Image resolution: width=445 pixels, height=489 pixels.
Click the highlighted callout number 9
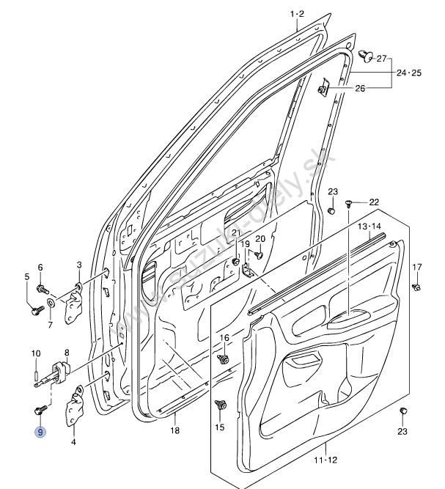40,433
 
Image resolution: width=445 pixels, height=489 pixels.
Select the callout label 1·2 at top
296,14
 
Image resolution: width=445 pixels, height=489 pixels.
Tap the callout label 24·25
410,73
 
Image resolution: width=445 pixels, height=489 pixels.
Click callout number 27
381,59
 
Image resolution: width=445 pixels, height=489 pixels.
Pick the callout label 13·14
370,227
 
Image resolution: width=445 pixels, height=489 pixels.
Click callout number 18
174,430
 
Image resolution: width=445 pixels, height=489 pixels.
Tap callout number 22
374,202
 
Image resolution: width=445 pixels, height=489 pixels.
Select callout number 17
416,266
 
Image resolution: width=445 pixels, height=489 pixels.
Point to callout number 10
35,354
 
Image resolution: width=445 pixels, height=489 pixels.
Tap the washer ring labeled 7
51,301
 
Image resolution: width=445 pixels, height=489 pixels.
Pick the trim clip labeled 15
219,405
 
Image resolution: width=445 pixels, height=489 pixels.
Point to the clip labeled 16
224,359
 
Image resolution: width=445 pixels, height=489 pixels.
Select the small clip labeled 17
416,286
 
